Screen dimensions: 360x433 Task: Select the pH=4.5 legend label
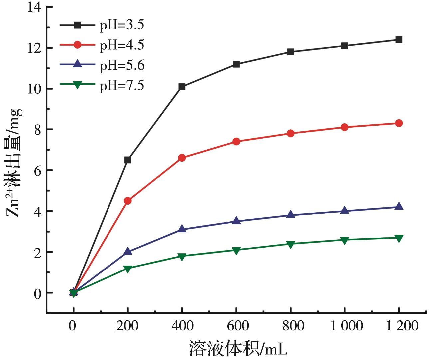122,45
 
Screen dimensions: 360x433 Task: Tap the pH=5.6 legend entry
122,65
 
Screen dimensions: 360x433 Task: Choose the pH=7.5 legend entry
122,85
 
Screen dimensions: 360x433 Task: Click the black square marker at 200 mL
128,160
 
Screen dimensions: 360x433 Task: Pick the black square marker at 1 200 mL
399,40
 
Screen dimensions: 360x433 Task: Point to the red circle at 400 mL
182,158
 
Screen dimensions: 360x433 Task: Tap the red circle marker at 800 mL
291,133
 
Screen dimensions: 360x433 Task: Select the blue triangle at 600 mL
236,221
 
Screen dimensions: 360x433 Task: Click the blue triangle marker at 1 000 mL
345,211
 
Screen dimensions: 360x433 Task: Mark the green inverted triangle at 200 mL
128,269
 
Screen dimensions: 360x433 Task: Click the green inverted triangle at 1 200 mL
399,238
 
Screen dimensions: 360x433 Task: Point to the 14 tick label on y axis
35,7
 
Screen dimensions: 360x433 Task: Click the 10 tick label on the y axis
35,89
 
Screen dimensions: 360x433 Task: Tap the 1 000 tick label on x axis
345,326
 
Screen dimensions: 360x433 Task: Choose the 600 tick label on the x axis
236,326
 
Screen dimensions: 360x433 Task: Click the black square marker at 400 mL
182,87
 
